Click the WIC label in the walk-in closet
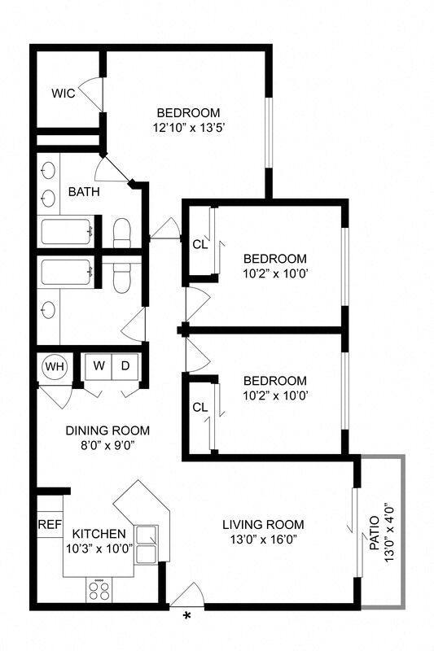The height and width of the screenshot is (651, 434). pyautogui.click(x=64, y=94)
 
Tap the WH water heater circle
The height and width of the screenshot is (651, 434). pyautogui.click(x=55, y=366)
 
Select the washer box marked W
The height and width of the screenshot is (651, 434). pyautogui.click(x=99, y=366)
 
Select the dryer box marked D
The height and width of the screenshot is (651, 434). pyautogui.click(x=125, y=366)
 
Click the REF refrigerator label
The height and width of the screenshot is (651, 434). pyautogui.click(x=50, y=525)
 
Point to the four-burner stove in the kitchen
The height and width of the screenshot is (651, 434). pyautogui.click(x=99, y=588)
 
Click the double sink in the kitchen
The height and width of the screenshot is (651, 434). pyautogui.click(x=148, y=544)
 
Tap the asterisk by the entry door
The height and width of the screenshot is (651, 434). pyautogui.click(x=186, y=617)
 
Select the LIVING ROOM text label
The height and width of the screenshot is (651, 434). pyautogui.click(x=263, y=524)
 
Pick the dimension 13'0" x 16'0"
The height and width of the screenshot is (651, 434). pyautogui.click(x=263, y=540)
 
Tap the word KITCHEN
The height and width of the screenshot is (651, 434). pyautogui.click(x=99, y=534)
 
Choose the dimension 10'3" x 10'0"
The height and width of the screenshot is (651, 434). pyautogui.click(x=99, y=548)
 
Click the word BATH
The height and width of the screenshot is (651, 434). pyautogui.click(x=83, y=192)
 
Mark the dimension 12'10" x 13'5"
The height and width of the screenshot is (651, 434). pyautogui.click(x=188, y=127)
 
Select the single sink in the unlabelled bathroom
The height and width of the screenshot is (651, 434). pyautogui.click(x=48, y=309)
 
